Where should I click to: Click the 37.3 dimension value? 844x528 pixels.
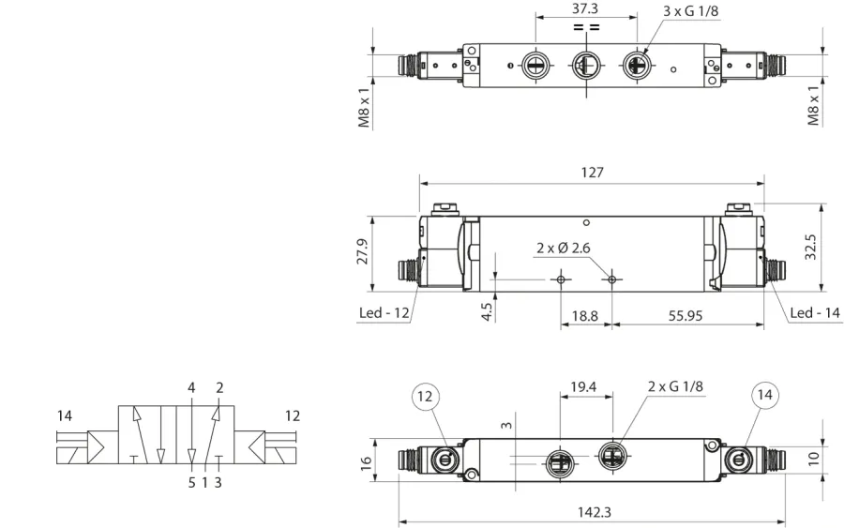pos(585,9)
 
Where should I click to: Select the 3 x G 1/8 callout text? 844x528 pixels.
pos(690,10)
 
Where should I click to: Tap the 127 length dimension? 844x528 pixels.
pos(592,173)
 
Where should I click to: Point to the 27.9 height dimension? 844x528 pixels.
pos(362,251)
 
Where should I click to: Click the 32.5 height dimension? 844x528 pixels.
pos(810,247)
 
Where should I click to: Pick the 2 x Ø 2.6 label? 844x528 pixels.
pos(563,249)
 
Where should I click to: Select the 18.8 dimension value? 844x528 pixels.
pos(584,315)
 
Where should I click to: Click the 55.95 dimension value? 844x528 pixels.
pos(686,315)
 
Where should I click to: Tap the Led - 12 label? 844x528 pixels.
pos(384,312)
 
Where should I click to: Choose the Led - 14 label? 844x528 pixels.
pos(815,312)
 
